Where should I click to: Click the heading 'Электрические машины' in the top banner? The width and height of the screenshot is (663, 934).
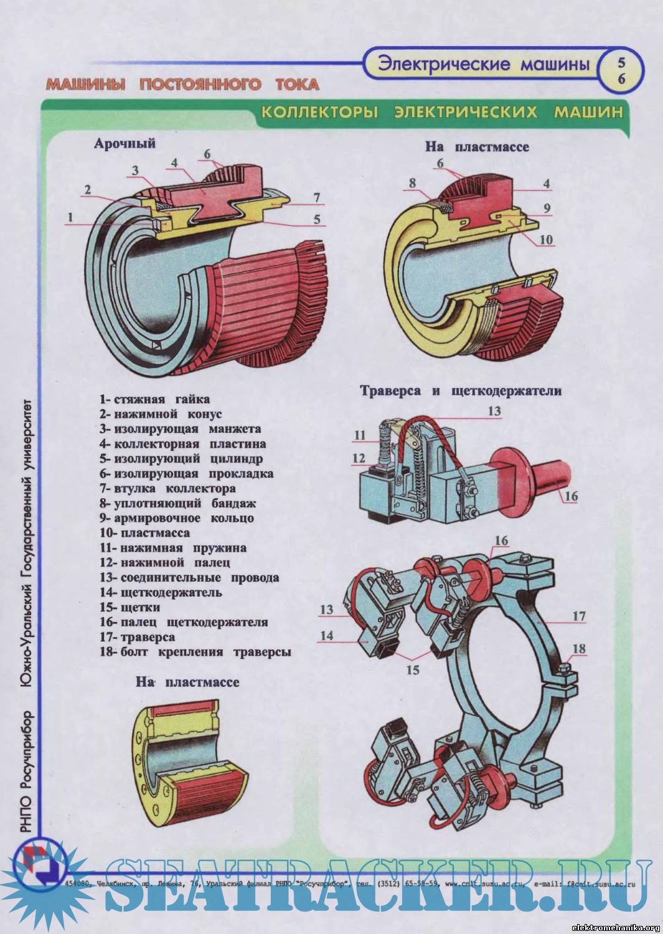coord(484,64)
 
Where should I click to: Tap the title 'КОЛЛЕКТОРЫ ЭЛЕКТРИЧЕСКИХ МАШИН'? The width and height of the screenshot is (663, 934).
coord(441,112)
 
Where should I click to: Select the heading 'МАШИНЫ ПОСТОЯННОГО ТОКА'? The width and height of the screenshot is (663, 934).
coord(182,84)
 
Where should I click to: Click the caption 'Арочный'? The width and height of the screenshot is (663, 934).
coord(125,143)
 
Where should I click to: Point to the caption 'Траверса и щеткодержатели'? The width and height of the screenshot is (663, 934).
coord(461,391)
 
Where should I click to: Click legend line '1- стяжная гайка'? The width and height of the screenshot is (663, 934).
coord(154,399)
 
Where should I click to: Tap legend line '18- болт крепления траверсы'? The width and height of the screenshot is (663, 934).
coord(195,652)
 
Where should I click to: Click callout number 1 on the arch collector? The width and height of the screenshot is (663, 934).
coord(71,217)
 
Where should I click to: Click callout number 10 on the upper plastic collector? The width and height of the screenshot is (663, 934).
coord(545,240)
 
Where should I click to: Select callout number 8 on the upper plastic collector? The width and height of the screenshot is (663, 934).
coord(412,183)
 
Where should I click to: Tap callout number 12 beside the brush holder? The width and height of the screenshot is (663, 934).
coord(359,458)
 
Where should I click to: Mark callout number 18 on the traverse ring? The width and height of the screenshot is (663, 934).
coord(579,649)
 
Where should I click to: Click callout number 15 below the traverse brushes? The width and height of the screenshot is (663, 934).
coord(413,670)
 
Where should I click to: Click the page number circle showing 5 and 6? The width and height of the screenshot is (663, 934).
coord(621,71)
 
